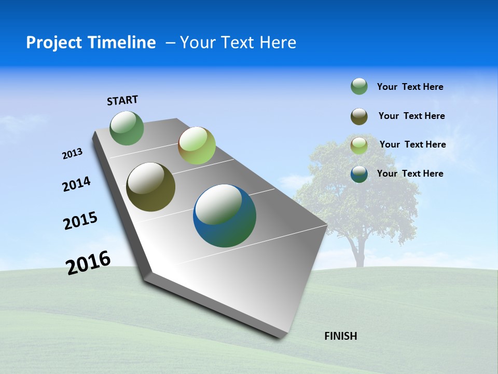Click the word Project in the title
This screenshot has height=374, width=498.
point(52,43)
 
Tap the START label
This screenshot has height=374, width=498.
point(122,100)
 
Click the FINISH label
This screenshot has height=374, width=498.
point(340,336)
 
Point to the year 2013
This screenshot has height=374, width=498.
point(72,154)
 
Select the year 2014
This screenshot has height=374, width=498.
point(76,184)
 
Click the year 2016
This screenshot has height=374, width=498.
point(88,262)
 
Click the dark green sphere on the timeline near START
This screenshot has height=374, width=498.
point(127,128)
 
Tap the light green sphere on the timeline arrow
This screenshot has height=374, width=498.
point(197,145)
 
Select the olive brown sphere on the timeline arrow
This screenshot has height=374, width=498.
point(151,187)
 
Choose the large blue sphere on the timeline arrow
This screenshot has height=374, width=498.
point(225,216)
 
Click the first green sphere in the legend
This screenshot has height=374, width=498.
point(359,86)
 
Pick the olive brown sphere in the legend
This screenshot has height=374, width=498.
point(359,116)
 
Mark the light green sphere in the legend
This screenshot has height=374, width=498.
point(359,145)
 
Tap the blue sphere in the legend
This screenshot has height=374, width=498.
point(359,174)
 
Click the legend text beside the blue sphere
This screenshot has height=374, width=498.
point(410,173)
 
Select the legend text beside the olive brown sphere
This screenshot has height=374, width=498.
point(411,116)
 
